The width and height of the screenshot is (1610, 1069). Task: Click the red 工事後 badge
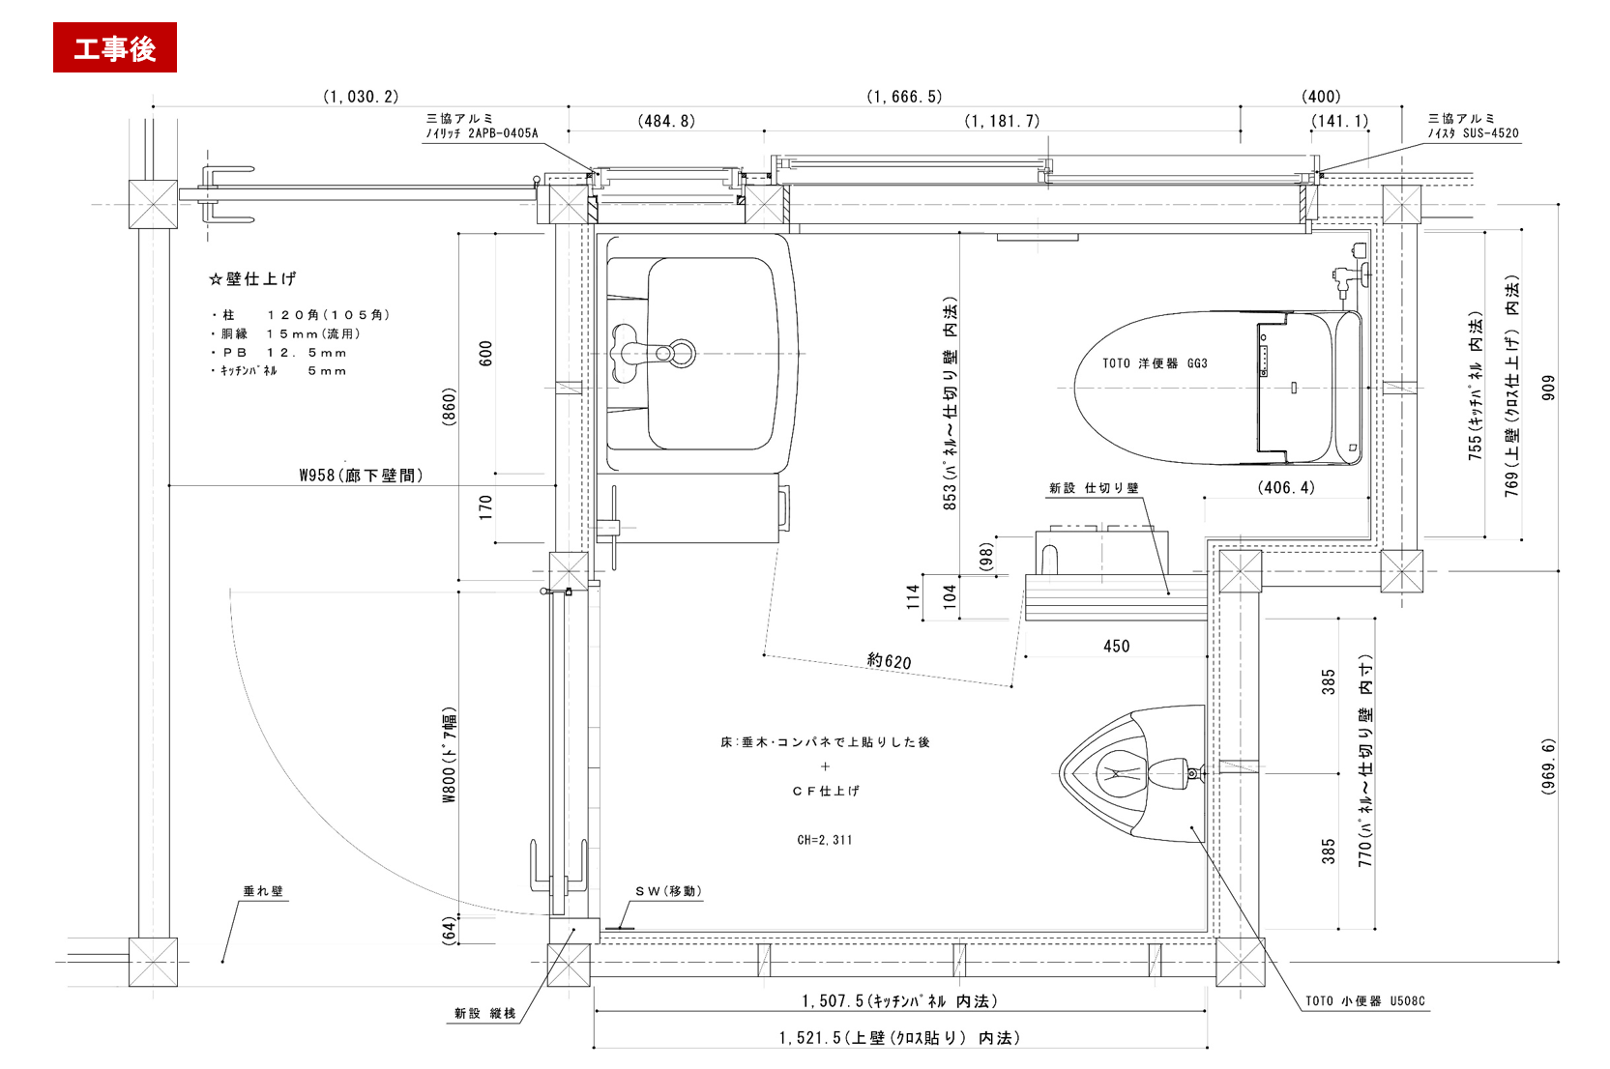pos(115,47)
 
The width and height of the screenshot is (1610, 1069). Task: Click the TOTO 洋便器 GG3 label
pos(1155,363)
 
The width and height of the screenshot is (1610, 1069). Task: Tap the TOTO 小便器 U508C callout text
pos(1365,1000)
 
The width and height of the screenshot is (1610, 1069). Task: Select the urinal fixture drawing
pos(1132,774)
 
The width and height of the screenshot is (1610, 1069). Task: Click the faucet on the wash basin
pos(653,353)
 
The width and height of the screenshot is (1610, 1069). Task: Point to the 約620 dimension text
pos(889,661)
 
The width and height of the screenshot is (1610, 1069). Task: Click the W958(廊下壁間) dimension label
pos(361,475)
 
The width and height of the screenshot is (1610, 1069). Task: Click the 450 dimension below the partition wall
pos(1116,647)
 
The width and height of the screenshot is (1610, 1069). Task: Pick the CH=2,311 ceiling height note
pos(825,840)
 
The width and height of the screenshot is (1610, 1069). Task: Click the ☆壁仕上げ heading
pos(252,278)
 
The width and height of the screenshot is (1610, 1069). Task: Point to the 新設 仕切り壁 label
pos(1094,488)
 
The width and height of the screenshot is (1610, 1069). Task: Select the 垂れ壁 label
pos(263,891)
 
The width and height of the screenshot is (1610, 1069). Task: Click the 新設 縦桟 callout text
pos(485,1013)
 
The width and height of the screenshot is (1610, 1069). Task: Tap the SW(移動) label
pos(668,891)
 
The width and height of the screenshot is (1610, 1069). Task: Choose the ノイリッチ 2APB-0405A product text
pos(482,133)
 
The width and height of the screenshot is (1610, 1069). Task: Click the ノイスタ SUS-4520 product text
pos(1474,133)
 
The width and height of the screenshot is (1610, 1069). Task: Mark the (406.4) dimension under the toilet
pos(1286,488)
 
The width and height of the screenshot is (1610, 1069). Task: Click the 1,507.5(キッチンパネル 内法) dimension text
pos(900,1000)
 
